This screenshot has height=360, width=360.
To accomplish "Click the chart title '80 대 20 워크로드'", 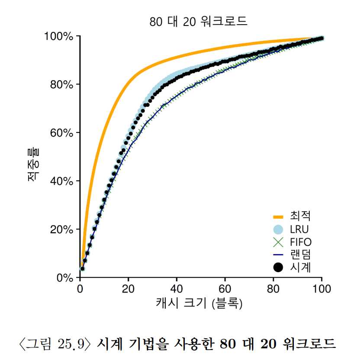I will tap(198, 22).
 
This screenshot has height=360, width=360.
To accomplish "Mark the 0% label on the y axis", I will tap(64, 277).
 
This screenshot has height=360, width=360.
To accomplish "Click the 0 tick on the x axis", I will tap(80, 288).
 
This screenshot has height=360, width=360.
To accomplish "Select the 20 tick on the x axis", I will tap(129, 288).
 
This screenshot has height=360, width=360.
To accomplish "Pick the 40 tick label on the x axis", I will tap(177, 288).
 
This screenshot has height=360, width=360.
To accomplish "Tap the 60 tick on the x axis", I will tap(225, 288).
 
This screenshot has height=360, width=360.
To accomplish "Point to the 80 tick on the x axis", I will tap(273, 288).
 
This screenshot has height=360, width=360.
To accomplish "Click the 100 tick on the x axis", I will tap(321, 288).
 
